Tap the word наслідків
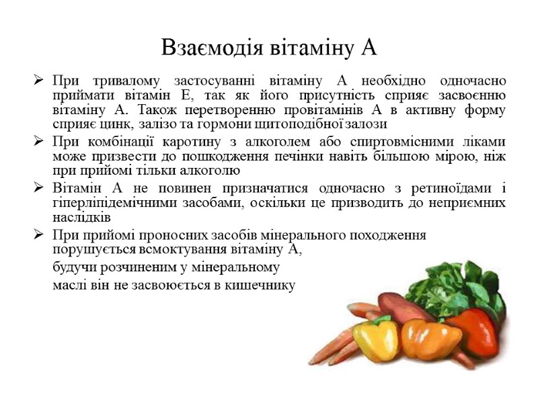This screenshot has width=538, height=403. (x=81, y=218)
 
